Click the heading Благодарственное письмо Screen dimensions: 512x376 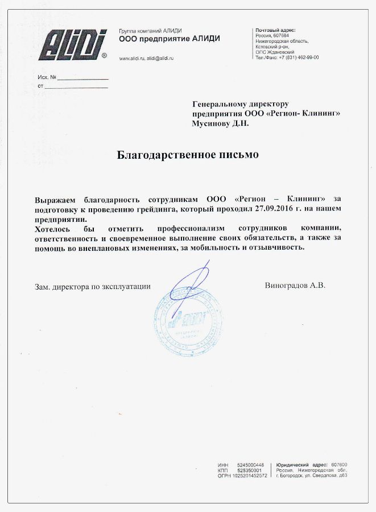click(188, 154)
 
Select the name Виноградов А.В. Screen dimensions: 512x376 click(295, 286)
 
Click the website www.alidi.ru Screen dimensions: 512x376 click(131, 59)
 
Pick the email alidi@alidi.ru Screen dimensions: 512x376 click(160, 59)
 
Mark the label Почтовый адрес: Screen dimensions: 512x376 click(275, 30)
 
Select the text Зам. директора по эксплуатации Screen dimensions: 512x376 click(93, 287)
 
